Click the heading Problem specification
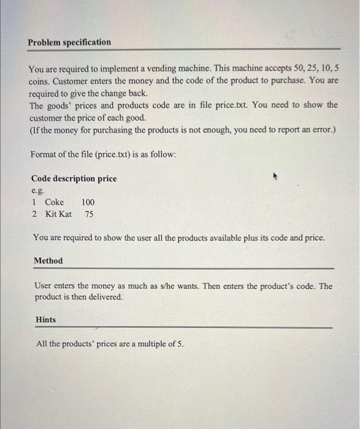[x=69, y=42]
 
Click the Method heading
[x=48, y=260]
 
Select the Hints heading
[x=45, y=319]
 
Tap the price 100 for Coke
[x=88, y=202]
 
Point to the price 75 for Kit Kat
[x=89, y=214]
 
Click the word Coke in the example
[x=54, y=202]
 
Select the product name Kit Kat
[x=58, y=214]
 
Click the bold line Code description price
[x=74, y=178]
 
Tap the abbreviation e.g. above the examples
[x=38, y=191]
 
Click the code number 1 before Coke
[x=34, y=202]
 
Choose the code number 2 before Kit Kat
[x=34, y=214]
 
